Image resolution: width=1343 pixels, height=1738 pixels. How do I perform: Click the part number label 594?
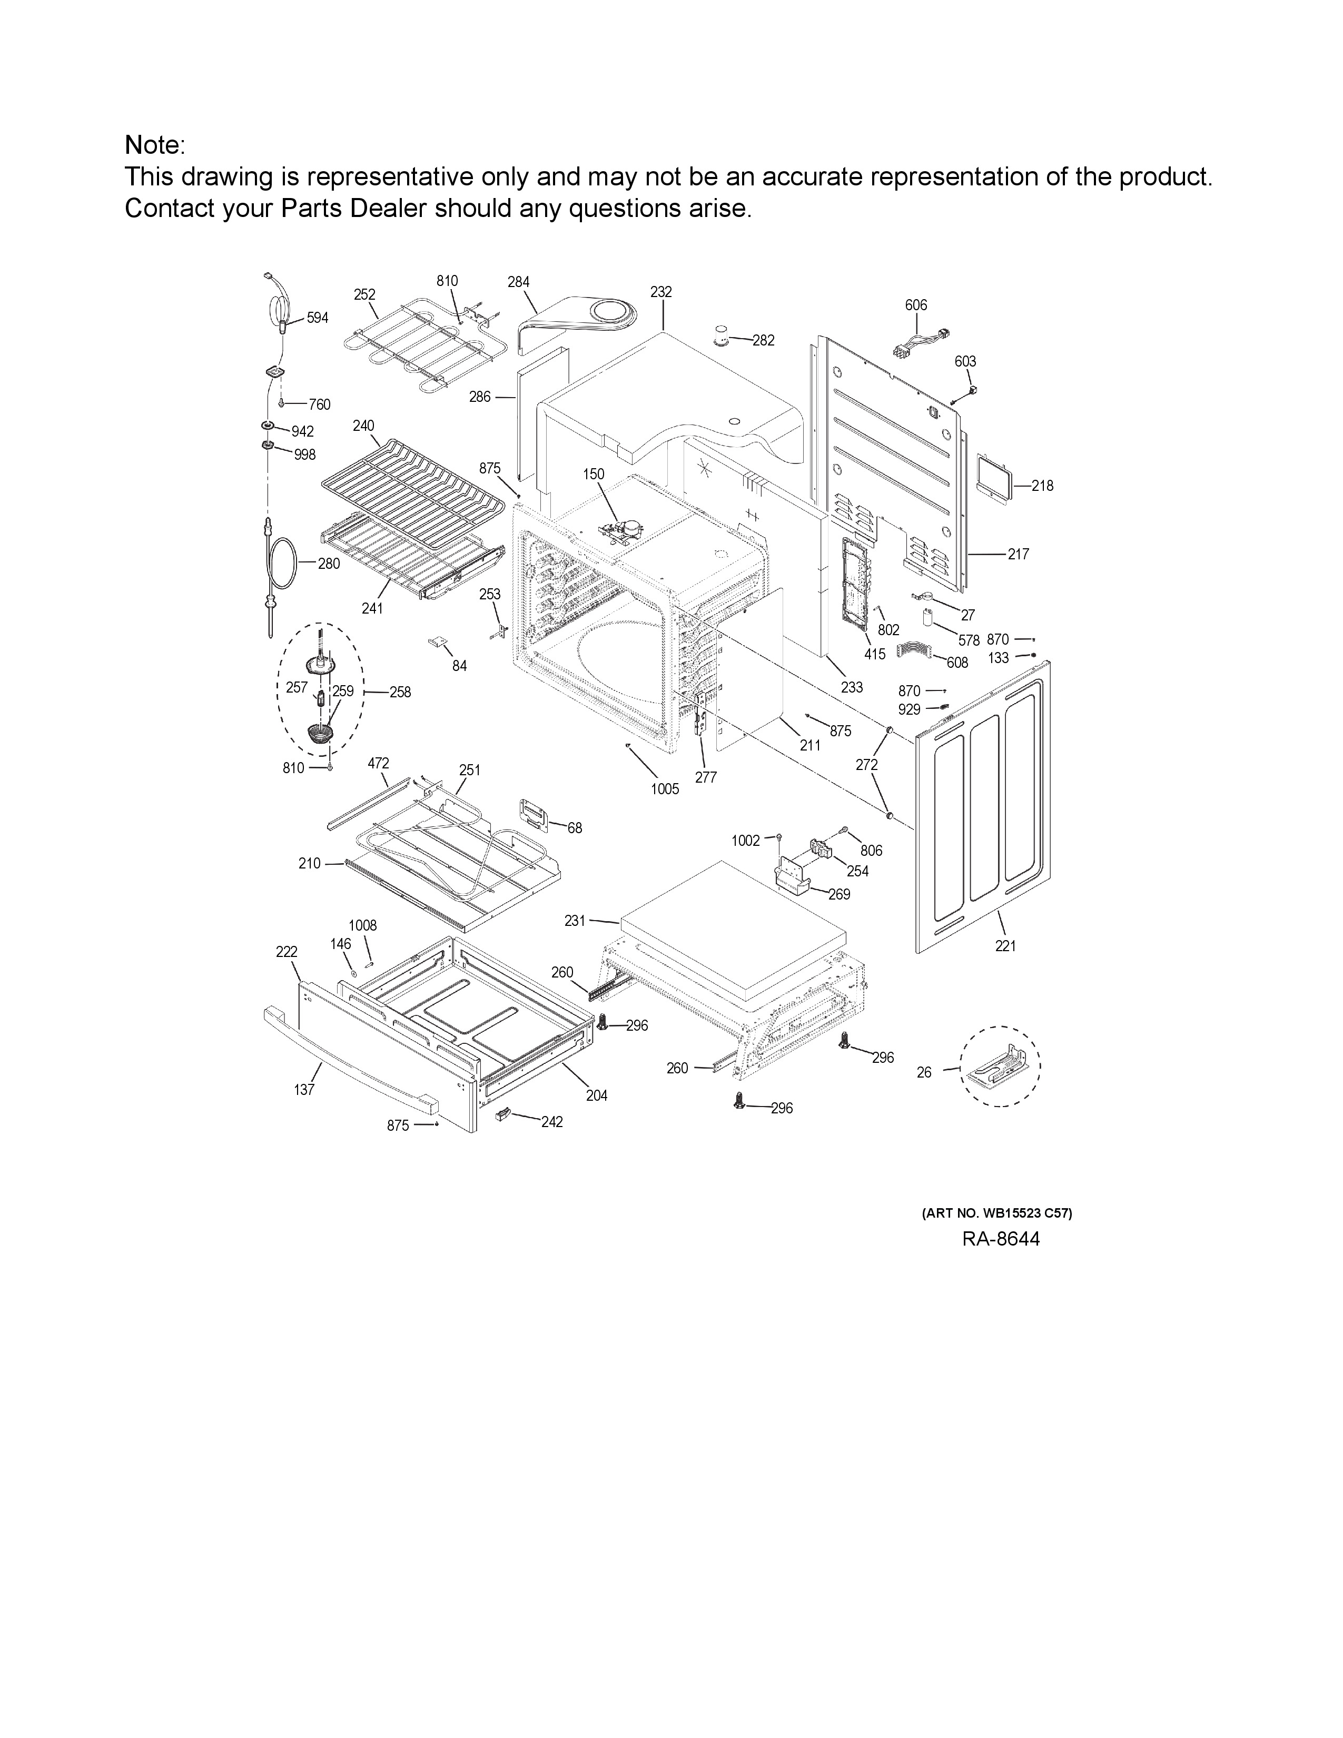click(318, 318)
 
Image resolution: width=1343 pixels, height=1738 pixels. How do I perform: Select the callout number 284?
click(519, 282)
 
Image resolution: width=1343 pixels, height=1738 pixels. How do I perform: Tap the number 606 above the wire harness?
click(916, 305)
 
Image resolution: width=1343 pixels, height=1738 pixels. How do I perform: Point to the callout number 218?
click(1042, 486)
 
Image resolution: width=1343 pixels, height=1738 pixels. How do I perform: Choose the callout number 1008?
click(363, 925)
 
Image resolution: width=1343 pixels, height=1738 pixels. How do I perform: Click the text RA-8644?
click(1000, 1239)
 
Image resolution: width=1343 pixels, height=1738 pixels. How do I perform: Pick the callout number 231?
click(575, 921)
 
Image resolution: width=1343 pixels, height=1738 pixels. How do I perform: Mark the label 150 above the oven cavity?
click(594, 475)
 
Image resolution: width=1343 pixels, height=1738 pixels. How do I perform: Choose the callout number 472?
click(378, 763)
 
